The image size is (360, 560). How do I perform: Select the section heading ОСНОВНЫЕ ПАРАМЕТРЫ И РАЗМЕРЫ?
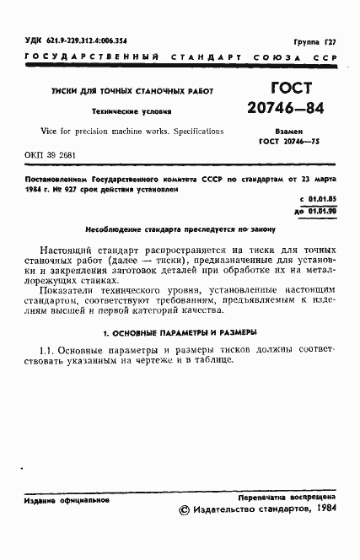point(185,332)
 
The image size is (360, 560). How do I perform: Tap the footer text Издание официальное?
point(67,501)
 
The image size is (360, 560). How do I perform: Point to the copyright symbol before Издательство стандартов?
point(185,510)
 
